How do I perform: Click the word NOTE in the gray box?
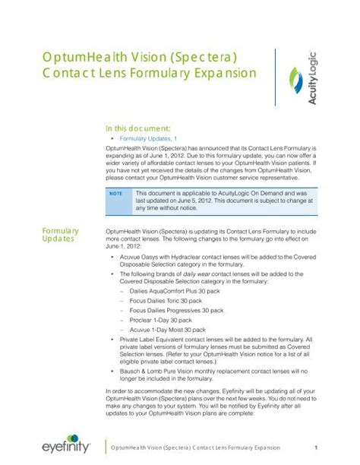115,195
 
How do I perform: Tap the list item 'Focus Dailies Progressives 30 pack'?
176,311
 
